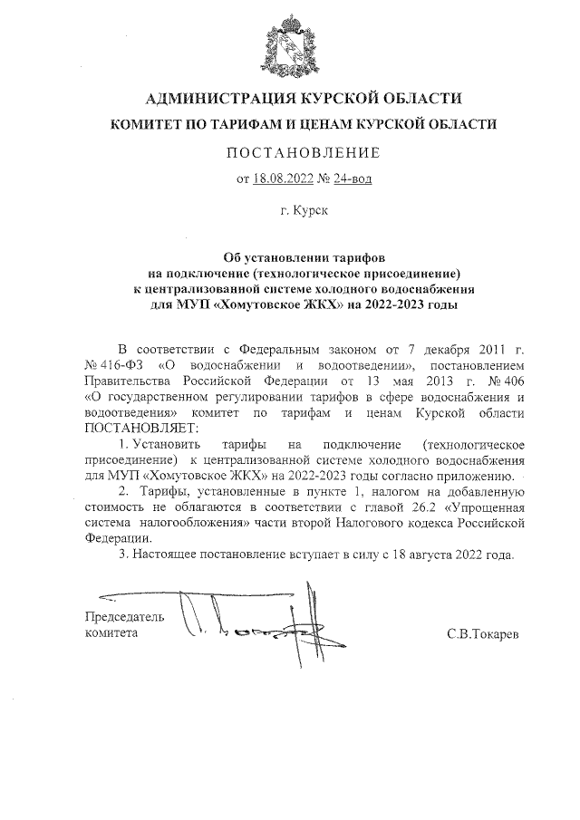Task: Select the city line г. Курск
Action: tap(304, 211)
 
